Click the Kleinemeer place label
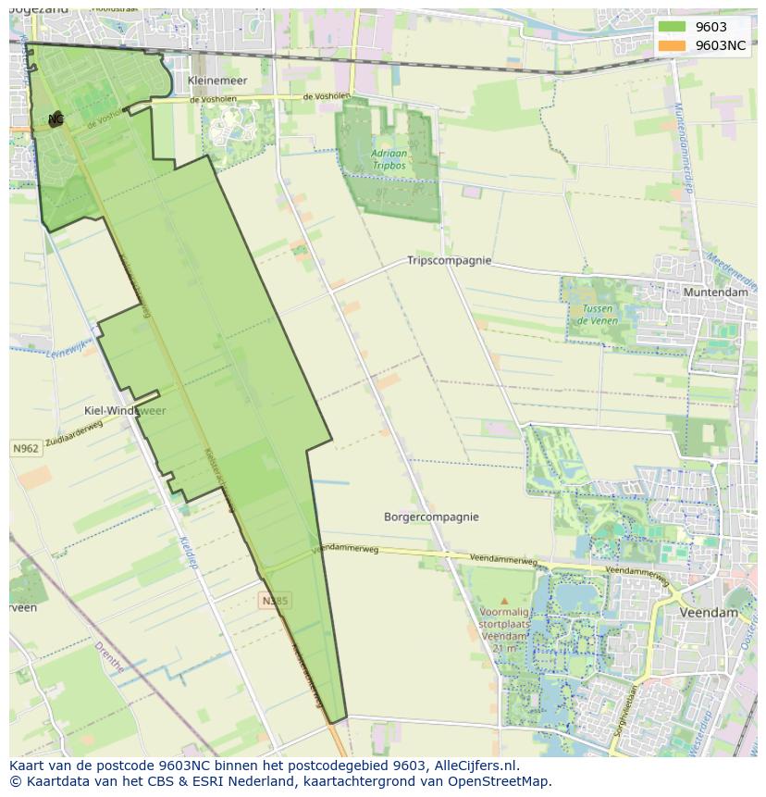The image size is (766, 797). click(x=217, y=81)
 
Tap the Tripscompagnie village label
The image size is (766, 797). click(x=449, y=261)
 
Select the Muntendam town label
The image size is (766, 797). click(x=714, y=293)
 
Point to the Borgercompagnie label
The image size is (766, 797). click(x=431, y=517)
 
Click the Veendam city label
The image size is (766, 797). click(x=709, y=613)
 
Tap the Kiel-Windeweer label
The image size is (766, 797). click(x=125, y=410)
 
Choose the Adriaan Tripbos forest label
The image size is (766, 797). click(x=389, y=159)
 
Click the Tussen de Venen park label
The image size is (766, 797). click(x=597, y=315)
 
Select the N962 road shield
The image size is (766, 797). click(x=26, y=449)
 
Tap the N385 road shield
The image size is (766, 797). click(x=275, y=601)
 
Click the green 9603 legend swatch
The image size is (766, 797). click(x=672, y=27)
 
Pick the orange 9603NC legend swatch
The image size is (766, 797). click(x=672, y=45)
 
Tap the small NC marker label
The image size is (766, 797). click(x=56, y=119)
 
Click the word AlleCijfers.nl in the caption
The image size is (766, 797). click(x=474, y=766)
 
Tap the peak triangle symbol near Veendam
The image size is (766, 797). click(x=504, y=601)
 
